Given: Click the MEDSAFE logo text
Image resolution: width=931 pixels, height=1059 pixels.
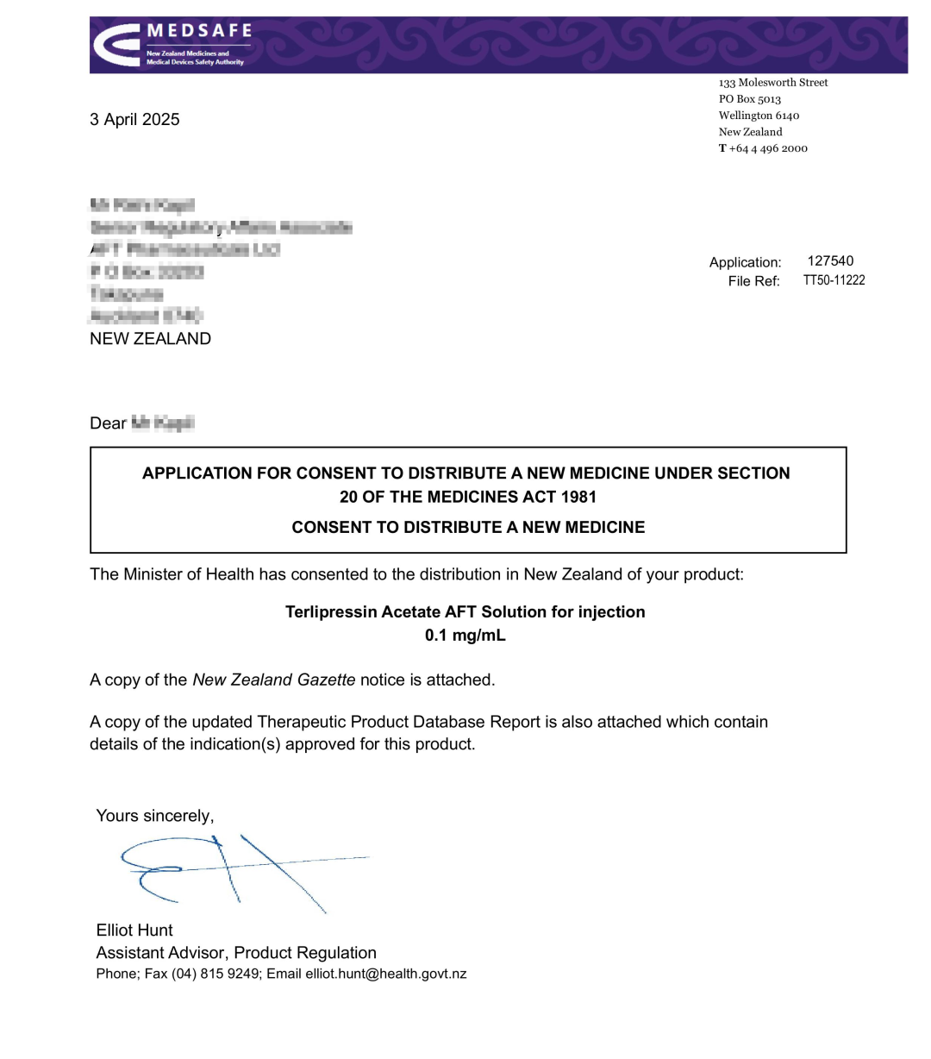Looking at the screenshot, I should (x=199, y=31).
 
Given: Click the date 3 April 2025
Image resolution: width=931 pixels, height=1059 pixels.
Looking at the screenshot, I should (x=134, y=120).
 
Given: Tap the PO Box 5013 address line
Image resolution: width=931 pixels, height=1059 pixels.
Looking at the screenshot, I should (x=749, y=99).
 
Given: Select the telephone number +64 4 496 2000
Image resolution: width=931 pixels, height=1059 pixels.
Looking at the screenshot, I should (x=768, y=148).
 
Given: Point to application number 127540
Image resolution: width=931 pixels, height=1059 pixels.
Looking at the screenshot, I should (x=830, y=260).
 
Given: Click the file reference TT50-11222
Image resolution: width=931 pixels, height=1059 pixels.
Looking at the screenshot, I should (x=834, y=280).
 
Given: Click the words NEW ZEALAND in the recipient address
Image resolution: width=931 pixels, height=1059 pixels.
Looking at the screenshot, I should (x=150, y=339).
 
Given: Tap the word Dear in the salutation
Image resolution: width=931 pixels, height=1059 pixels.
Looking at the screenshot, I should (x=108, y=423).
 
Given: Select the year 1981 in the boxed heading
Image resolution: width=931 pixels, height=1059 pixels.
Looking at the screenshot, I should (x=577, y=497).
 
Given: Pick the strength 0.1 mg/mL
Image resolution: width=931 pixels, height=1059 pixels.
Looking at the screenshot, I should (x=465, y=636).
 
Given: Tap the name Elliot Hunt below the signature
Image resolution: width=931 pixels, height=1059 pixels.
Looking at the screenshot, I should (x=134, y=931).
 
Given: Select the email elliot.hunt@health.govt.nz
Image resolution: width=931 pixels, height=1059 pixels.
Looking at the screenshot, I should (x=385, y=974).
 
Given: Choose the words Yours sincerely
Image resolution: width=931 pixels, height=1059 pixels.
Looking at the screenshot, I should (x=154, y=816).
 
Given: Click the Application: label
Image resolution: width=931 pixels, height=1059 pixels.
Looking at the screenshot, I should (x=745, y=262).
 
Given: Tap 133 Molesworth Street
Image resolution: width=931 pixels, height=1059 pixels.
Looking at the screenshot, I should (x=773, y=83).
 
